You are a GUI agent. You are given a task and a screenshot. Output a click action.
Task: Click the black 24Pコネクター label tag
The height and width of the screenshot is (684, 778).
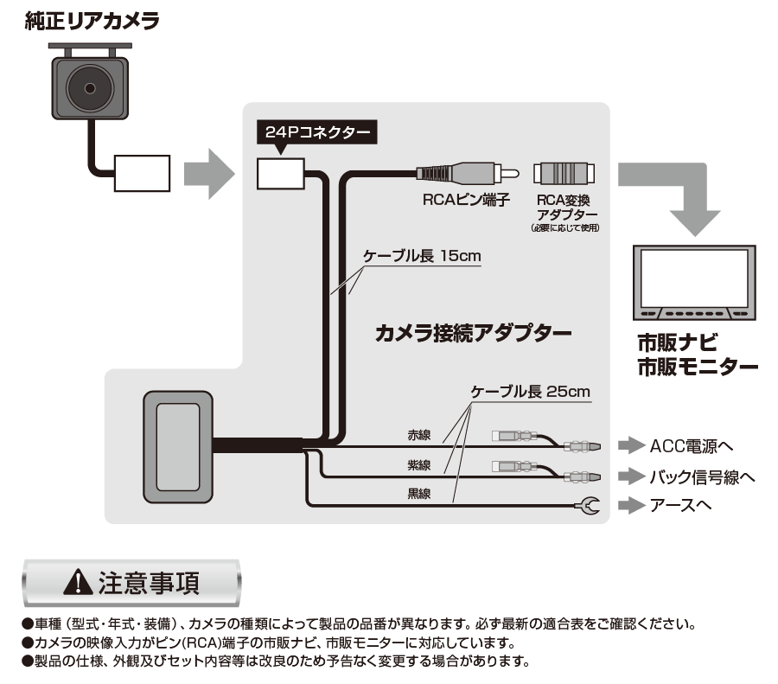(x=317, y=133)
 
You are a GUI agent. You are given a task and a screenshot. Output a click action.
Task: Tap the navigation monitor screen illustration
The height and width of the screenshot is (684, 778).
(x=695, y=274)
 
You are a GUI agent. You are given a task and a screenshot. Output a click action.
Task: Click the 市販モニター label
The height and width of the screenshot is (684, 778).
(x=698, y=366)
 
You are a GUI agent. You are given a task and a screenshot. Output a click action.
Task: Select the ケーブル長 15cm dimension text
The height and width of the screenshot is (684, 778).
(x=421, y=257)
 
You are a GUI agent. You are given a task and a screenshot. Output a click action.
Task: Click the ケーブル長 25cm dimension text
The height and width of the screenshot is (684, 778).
(x=530, y=391)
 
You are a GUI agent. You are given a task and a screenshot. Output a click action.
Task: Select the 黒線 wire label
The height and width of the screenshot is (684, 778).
(x=420, y=495)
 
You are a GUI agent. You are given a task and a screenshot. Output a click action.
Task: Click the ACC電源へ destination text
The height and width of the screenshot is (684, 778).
(x=692, y=446)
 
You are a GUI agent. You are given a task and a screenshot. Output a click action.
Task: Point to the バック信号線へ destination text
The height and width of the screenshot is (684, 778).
(x=703, y=476)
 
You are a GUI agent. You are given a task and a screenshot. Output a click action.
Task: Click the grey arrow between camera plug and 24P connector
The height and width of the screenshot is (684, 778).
(x=212, y=171)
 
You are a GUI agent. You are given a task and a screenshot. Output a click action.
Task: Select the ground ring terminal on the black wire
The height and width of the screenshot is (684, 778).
(x=588, y=505)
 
